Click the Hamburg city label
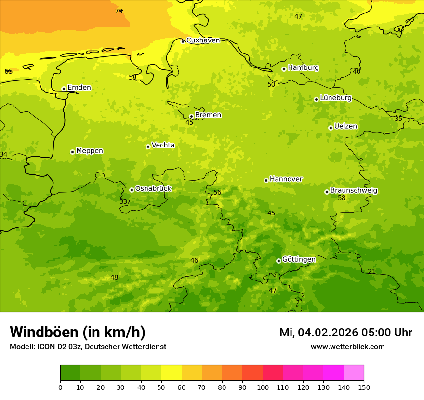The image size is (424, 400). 303,68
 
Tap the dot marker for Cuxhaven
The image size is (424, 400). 183,41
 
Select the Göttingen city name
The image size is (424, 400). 299,259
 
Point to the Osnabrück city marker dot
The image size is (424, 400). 132,190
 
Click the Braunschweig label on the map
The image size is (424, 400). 354,190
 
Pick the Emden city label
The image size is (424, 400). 79,87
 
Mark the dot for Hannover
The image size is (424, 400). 266,180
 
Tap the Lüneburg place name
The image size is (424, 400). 335,98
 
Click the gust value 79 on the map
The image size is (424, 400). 119,11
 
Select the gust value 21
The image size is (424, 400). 371,272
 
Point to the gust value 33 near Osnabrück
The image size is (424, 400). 124,202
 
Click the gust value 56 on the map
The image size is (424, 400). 217,192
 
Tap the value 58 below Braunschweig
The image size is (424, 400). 342,198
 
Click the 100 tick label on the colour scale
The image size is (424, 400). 263,387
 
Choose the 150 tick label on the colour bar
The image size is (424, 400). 364,387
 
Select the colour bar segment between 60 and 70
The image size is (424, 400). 192,373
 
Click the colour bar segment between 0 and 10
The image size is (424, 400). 70,373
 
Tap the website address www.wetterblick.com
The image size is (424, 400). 347,347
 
